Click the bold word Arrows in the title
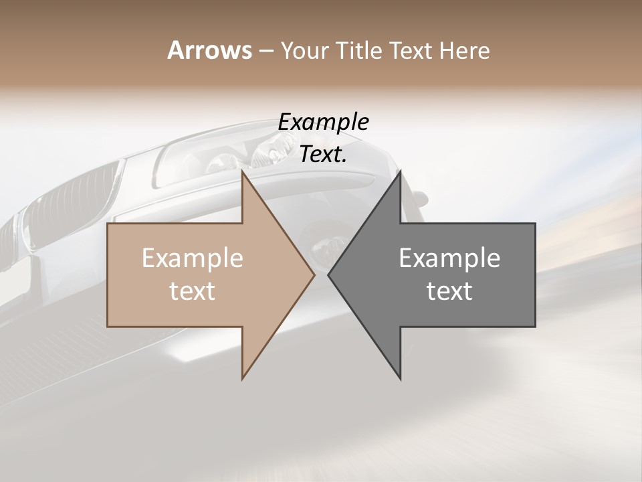coord(209,50)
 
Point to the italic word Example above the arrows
coord(323,122)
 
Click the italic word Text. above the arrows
coord(323,154)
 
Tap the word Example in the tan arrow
coord(192,258)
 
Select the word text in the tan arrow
coord(192,291)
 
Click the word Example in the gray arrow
coord(449,258)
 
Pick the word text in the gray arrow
coord(449,291)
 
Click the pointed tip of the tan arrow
coord(314,274)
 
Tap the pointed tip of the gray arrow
coord(329,274)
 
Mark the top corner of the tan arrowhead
coord(243,171)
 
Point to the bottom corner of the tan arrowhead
coord(243,378)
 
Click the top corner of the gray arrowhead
coord(400,171)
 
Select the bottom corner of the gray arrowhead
coord(400,378)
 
